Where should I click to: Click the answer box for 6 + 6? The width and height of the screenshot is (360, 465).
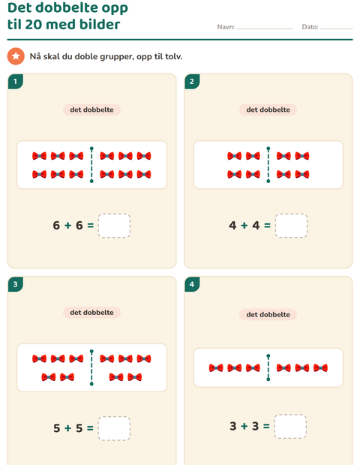click(x=114, y=226)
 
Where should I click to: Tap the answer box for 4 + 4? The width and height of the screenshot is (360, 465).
click(x=291, y=226)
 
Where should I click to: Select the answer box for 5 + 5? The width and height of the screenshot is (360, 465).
click(x=114, y=428)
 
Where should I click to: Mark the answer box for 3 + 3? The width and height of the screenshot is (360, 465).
click(x=290, y=426)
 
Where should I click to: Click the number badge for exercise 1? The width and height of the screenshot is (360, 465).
click(x=16, y=82)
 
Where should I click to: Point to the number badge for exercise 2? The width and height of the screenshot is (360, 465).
click(x=192, y=82)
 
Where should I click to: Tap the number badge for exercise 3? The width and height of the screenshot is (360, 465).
click(x=16, y=284)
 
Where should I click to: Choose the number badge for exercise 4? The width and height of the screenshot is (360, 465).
click(x=192, y=284)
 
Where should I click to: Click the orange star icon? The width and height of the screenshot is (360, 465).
click(x=16, y=56)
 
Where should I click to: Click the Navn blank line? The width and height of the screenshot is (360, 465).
click(x=265, y=28)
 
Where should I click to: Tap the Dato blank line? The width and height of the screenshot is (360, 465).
click(x=337, y=28)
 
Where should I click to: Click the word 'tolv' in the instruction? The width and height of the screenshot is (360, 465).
click(x=173, y=56)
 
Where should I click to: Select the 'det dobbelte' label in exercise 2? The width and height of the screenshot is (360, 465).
click(x=268, y=109)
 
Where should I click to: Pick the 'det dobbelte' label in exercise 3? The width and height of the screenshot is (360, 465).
click(x=91, y=313)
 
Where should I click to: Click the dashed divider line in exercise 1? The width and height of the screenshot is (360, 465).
click(x=91, y=164)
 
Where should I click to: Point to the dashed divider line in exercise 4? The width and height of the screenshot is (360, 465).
click(x=268, y=367)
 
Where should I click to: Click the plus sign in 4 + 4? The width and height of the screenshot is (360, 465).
click(x=244, y=226)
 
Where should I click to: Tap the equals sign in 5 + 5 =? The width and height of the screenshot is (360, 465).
click(x=90, y=428)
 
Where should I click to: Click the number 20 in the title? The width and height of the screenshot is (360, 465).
click(x=34, y=25)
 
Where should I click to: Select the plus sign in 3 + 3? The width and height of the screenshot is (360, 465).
click(x=244, y=426)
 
